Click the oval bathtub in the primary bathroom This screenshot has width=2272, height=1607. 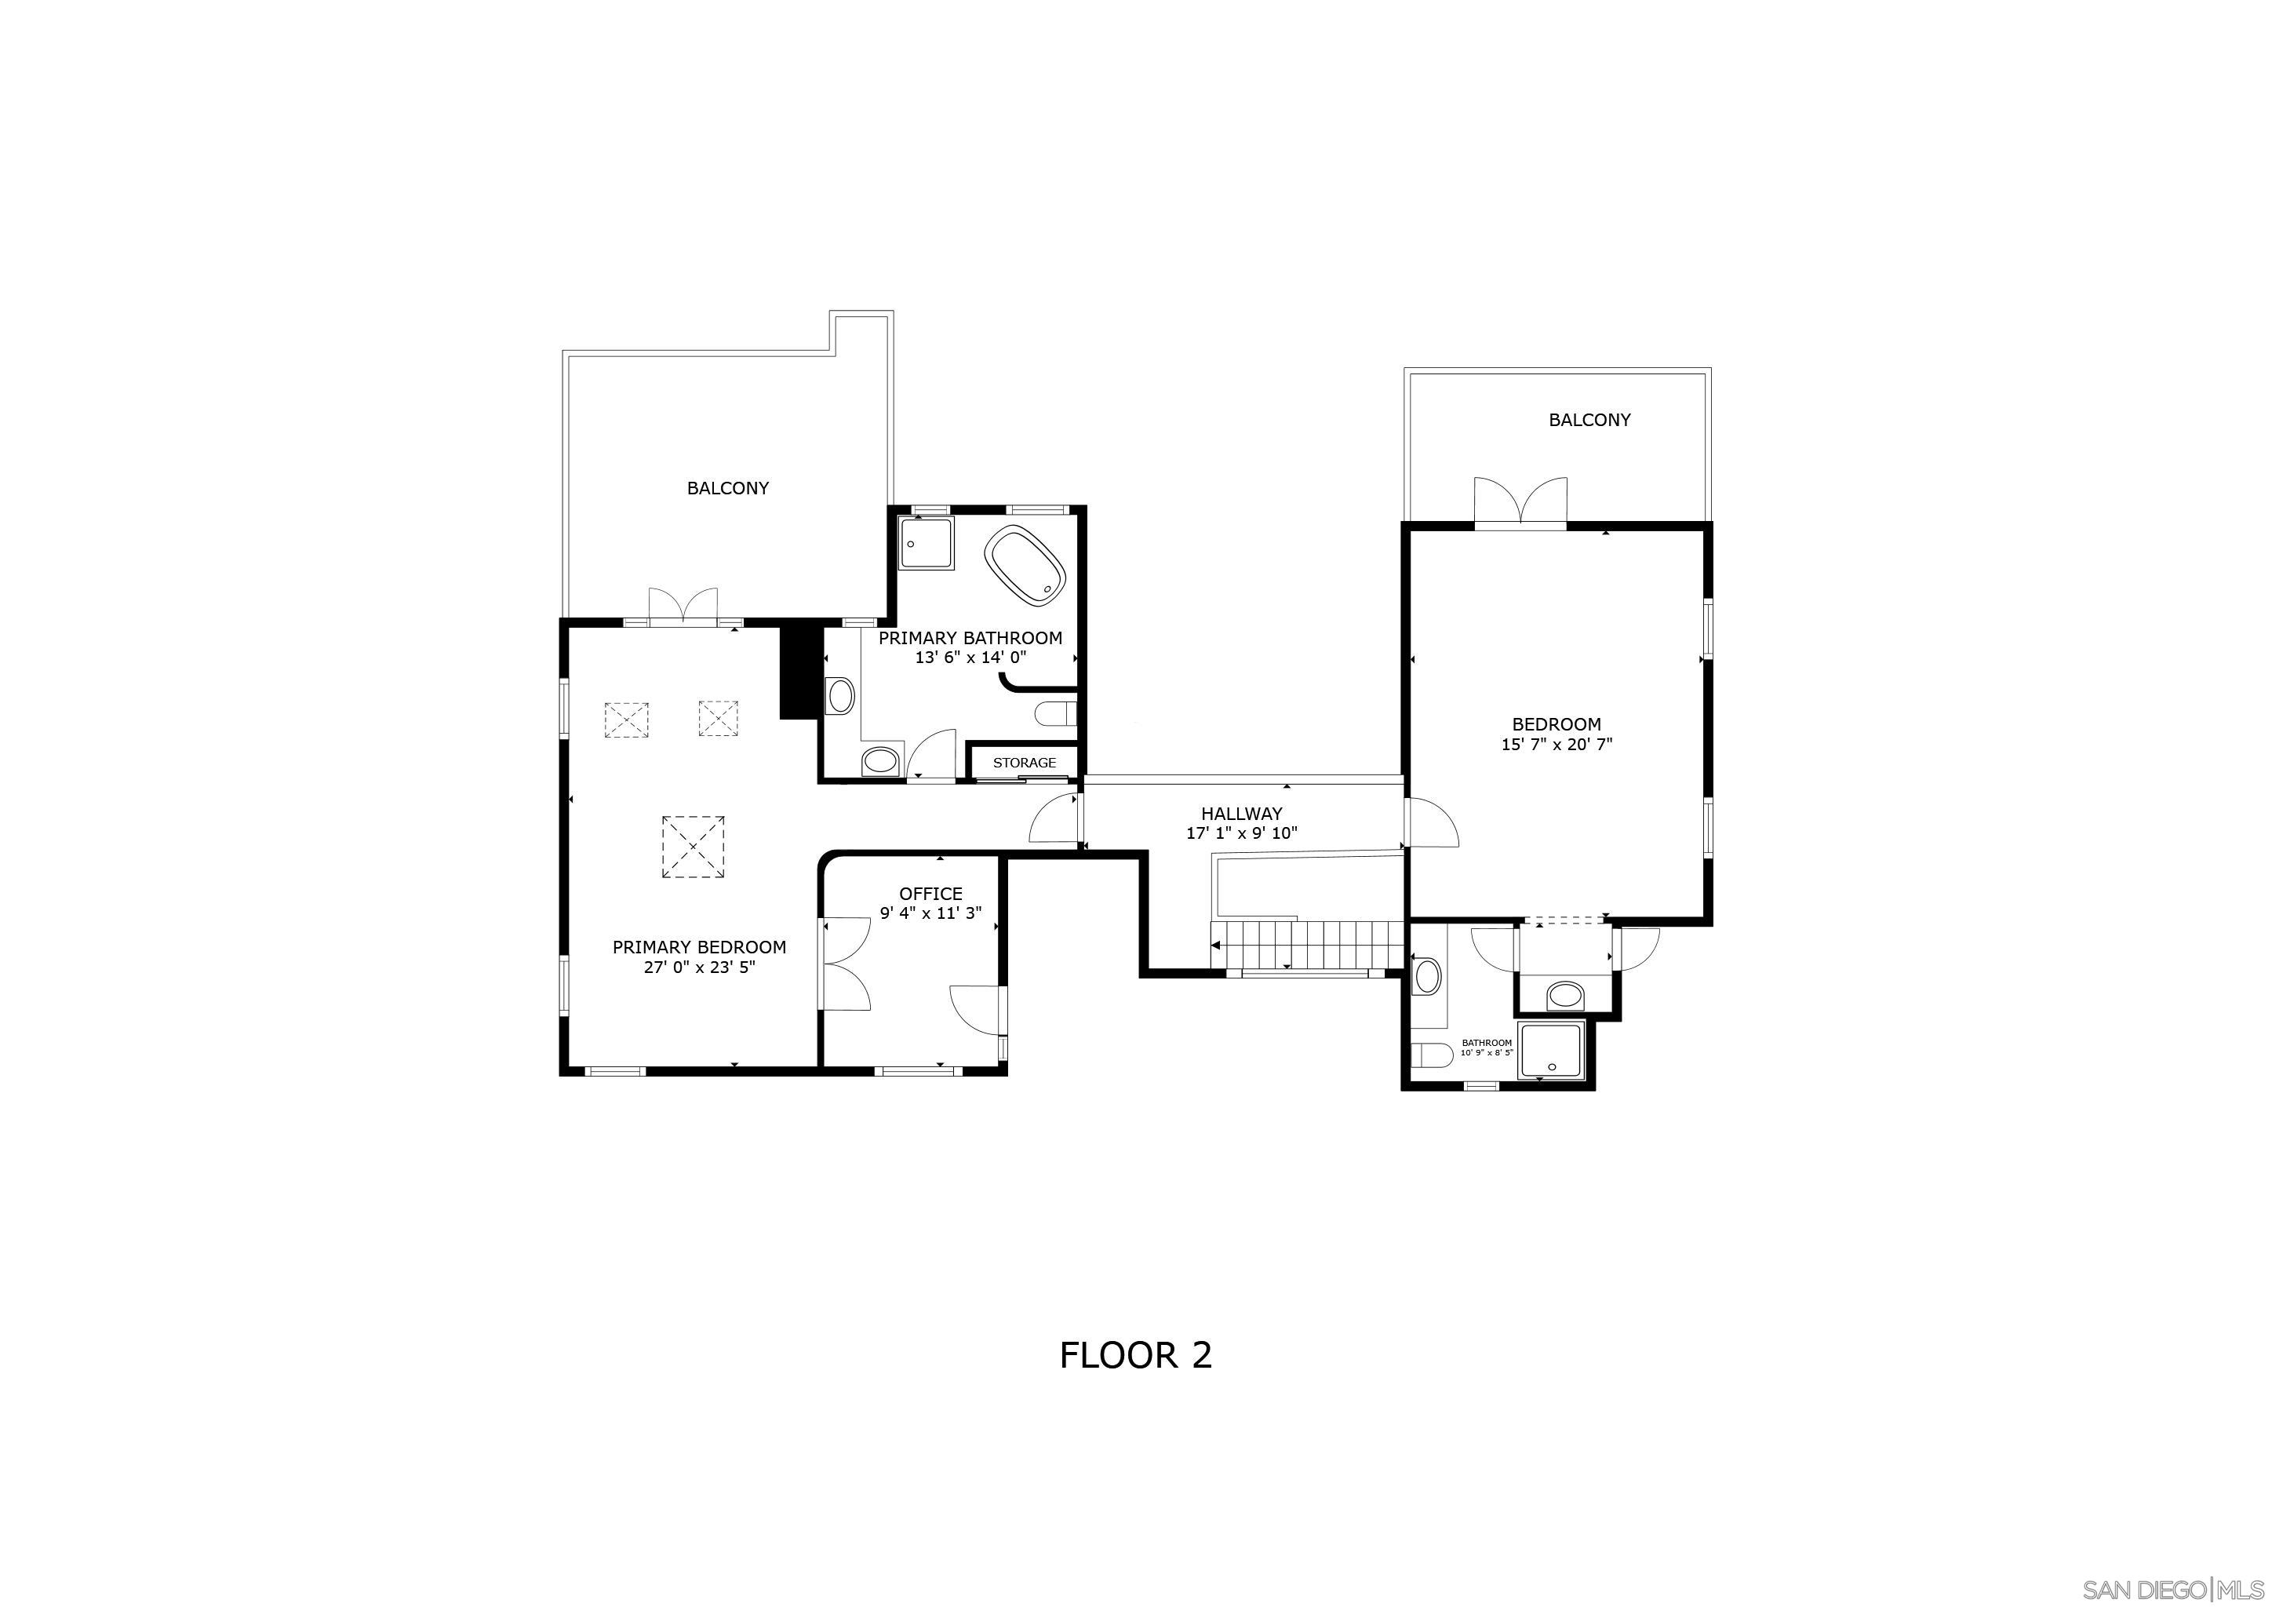coord(1027,566)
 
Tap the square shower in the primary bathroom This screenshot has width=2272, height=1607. coord(927,542)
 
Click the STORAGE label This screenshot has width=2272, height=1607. coord(1024,763)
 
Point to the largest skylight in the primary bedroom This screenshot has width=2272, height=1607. coord(693,846)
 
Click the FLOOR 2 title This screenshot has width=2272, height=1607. coord(1135,1354)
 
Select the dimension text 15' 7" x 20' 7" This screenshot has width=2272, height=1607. coord(1557,744)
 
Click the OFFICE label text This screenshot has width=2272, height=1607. coord(930,894)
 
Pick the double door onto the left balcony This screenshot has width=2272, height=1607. coord(683,606)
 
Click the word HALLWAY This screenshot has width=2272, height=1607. coord(1242,814)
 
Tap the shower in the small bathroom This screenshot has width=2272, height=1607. coord(1550,1050)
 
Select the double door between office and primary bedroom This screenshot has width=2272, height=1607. coord(845,963)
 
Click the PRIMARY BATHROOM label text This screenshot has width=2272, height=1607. coord(970,638)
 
